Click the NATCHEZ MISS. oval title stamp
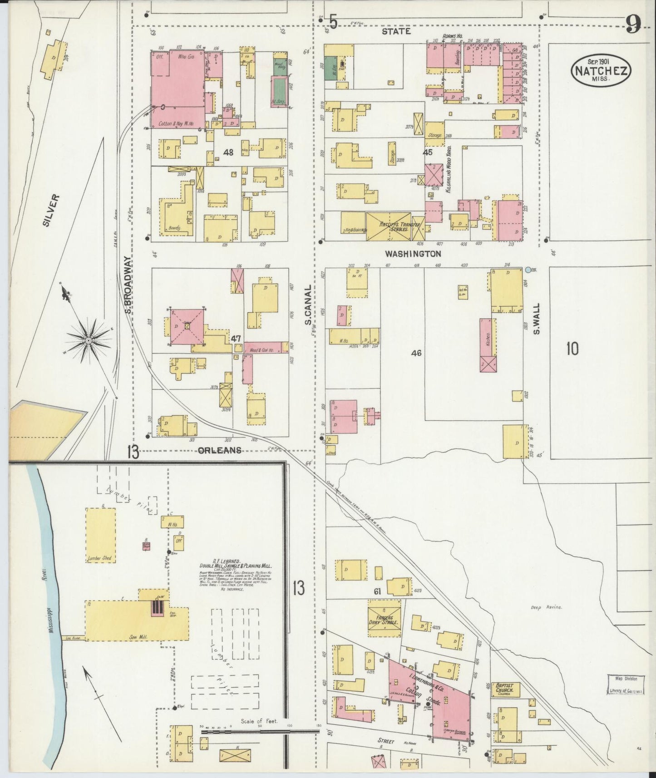pyautogui.click(x=601, y=71)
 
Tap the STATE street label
pyautogui.click(x=396, y=31)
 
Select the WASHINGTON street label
pyautogui.click(x=413, y=254)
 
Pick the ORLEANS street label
pyautogui.click(x=219, y=450)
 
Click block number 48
pyautogui.click(x=228, y=153)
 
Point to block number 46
pyautogui.click(x=416, y=353)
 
